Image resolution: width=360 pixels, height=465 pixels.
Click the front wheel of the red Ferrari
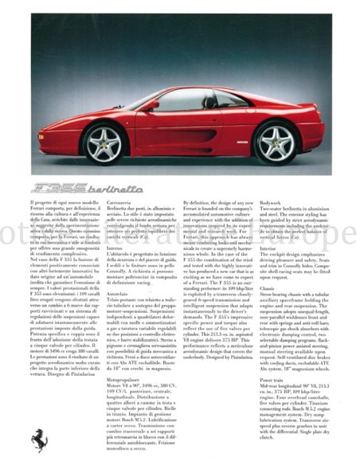104,144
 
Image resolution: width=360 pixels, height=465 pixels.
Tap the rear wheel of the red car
275,143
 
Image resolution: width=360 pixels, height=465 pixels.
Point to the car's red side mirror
152,105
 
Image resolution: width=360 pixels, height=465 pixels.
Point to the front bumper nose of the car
57,143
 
